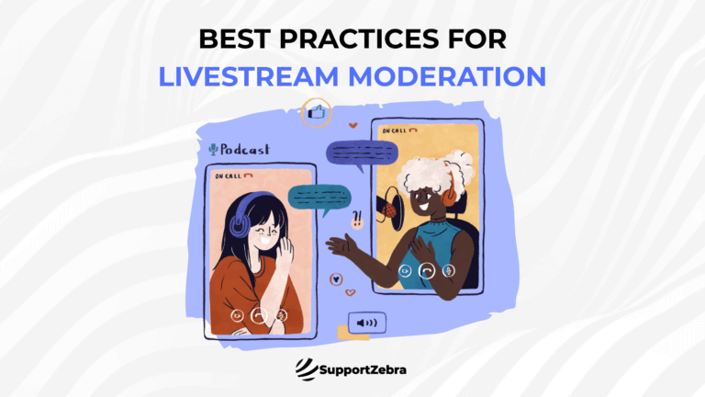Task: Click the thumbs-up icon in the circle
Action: tap(316, 114)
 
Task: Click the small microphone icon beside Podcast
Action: tap(214, 149)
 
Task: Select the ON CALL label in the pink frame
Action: tap(230, 175)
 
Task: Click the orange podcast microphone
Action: tap(392, 210)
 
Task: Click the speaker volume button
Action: tap(367, 323)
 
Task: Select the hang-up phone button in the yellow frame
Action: tap(426, 271)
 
